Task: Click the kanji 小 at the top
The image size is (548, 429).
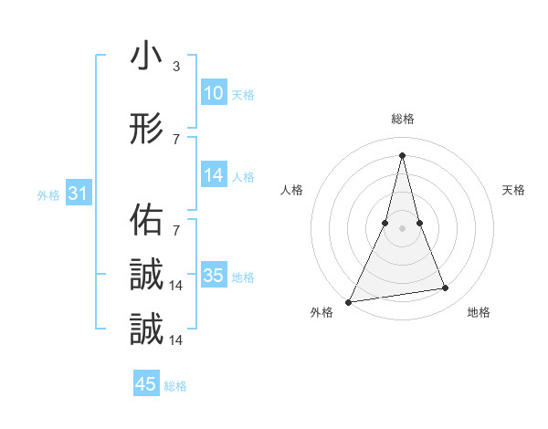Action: tap(146, 57)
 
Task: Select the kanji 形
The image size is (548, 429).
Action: tap(146, 130)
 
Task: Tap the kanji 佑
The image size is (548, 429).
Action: tap(146, 219)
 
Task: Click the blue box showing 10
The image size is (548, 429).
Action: tap(213, 93)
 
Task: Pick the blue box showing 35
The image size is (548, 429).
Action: tap(213, 276)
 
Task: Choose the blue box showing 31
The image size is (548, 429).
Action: tap(79, 194)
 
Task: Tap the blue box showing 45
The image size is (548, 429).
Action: tap(146, 384)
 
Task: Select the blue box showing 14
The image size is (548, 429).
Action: tap(213, 175)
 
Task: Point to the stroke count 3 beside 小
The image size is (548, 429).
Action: tap(175, 67)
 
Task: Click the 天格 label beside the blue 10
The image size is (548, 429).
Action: tap(242, 95)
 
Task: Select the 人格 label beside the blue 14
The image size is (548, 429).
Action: tap(242, 177)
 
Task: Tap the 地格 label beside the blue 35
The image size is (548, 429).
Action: tap(242, 277)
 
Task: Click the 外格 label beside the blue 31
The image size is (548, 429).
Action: tap(48, 195)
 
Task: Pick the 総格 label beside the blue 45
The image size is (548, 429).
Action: tap(175, 386)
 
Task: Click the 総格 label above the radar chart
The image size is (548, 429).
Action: tap(402, 119)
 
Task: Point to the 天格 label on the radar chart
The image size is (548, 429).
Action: tap(514, 190)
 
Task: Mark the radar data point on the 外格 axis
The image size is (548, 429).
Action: tap(348, 301)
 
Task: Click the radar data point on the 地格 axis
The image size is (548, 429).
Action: tap(446, 288)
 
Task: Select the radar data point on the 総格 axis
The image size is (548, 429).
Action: tap(402, 155)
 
